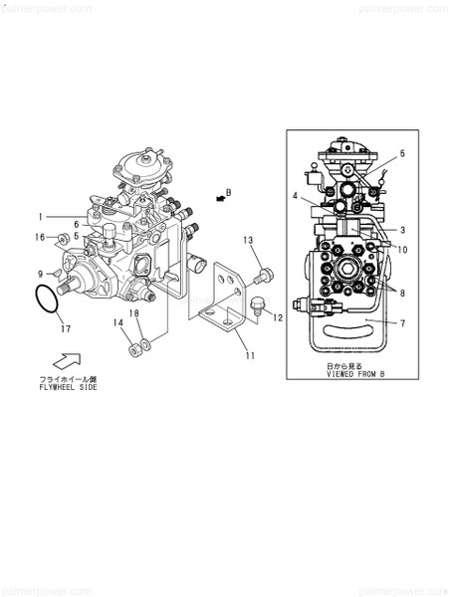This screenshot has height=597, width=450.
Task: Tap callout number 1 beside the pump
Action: tap(41, 216)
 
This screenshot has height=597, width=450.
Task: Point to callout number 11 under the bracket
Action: tap(251, 355)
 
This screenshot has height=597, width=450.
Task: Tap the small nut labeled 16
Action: tap(62, 237)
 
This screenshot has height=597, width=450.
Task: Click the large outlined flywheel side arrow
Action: tap(62, 359)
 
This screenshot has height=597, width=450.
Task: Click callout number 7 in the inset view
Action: tap(402, 323)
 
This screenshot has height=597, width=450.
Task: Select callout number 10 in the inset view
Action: tap(402, 249)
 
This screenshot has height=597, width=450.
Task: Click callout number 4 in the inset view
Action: tap(296, 196)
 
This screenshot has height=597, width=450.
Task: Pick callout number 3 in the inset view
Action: tap(402, 231)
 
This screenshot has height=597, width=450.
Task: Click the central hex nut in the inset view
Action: tap(351, 272)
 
